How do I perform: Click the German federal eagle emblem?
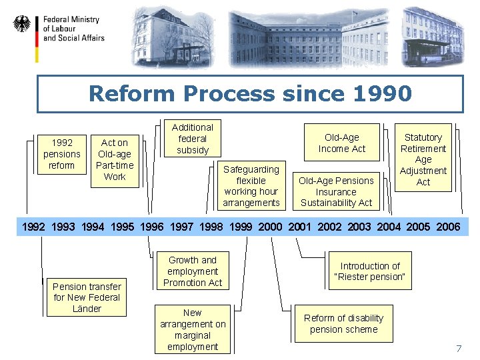(x=22, y=25)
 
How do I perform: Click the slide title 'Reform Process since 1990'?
(x=250, y=93)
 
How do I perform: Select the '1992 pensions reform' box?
(x=61, y=154)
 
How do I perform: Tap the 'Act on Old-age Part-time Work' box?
(x=114, y=159)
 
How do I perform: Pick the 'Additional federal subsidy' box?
(x=193, y=139)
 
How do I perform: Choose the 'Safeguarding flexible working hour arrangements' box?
(x=251, y=186)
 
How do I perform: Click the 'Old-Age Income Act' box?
(x=342, y=143)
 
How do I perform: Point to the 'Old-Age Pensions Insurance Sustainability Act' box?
(x=336, y=191)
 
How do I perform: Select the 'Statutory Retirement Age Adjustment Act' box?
(x=423, y=159)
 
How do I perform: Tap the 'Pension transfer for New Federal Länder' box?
(x=87, y=297)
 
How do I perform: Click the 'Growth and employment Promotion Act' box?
(x=193, y=271)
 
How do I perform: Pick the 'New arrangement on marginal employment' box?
(x=193, y=329)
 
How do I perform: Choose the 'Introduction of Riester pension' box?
(x=370, y=271)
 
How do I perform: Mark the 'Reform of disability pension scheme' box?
(x=344, y=323)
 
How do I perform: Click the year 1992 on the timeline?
(x=34, y=227)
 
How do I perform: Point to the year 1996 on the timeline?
(x=152, y=227)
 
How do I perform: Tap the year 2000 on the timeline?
(x=270, y=227)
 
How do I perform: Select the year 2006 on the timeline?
(x=447, y=227)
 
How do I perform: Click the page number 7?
(x=458, y=349)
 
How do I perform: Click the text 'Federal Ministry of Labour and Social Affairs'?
(x=73, y=29)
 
